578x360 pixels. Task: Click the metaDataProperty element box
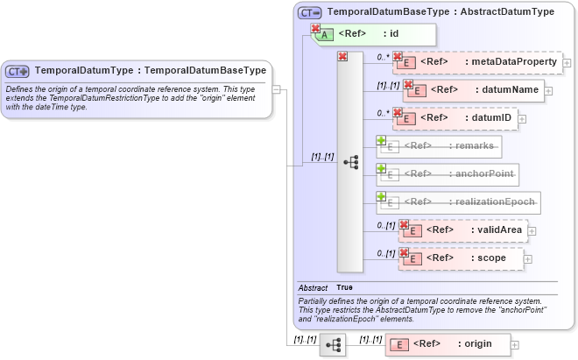point(477,63)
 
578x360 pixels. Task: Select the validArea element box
point(462,230)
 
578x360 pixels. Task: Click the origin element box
point(448,345)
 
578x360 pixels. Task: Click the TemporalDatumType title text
point(150,70)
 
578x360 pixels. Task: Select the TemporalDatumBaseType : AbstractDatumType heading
point(441,12)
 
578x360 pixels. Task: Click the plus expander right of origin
point(515,346)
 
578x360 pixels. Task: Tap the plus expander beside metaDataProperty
point(567,63)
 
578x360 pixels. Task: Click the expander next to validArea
point(532,230)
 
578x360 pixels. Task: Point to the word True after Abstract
point(345,287)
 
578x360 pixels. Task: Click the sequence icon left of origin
point(333,345)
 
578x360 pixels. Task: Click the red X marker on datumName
point(407,85)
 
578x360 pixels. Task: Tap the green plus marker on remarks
point(382,140)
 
